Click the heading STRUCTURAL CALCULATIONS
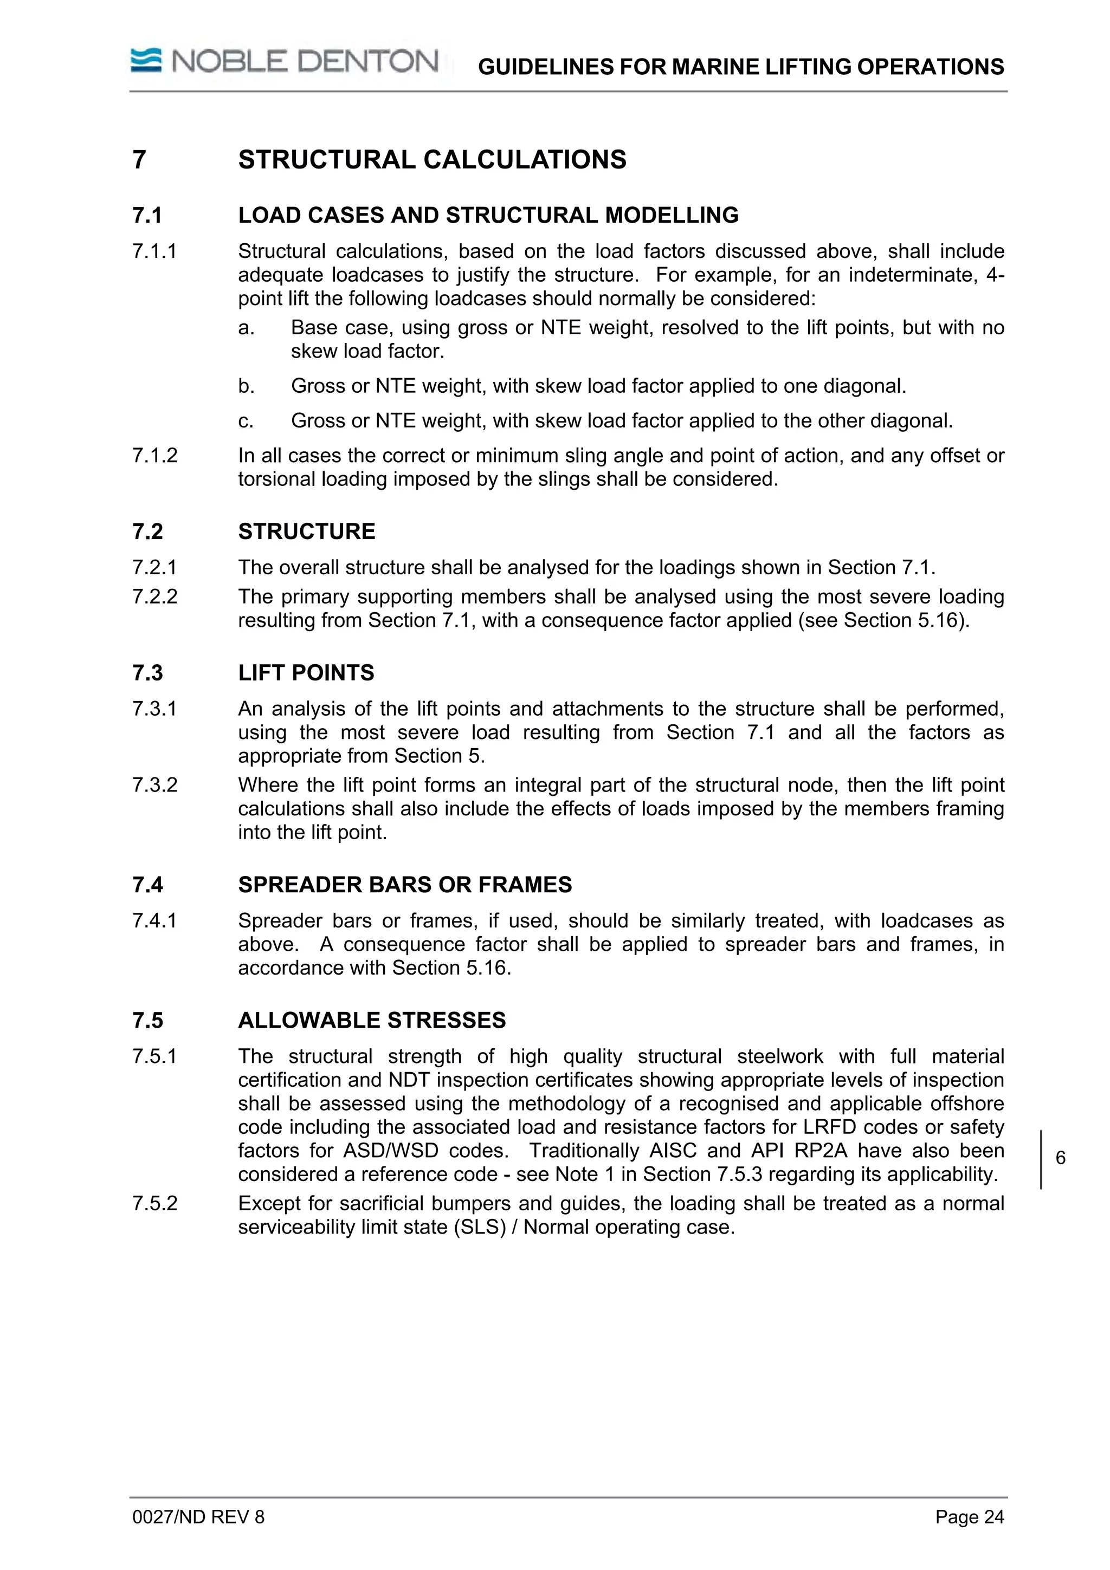pyautogui.click(x=431, y=160)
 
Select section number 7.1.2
pyautogui.click(x=155, y=456)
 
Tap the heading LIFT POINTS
pyautogui.click(x=306, y=673)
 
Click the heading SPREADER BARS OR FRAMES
pyautogui.click(x=405, y=885)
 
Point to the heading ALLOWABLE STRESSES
pyautogui.click(x=371, y=1020)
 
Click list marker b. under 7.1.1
pyautogui.click(x=246, y=386)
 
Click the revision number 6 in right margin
pyautogui.click(x=1060, y=1158)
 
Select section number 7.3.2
pyautogui.click(x=155, y=785)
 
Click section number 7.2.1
pyautogui.click(x=155, y=568)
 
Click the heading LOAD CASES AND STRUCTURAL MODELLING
pyautogui.click(x=488, y=216)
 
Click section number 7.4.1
pyautogui.click(x=155, y=921)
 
